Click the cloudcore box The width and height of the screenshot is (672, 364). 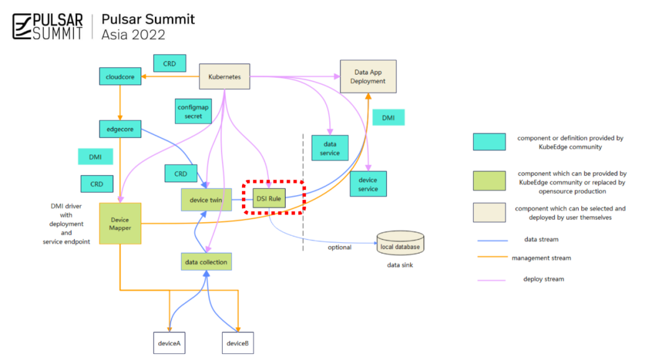click(119, 76)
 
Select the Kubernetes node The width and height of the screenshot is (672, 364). click(224, 76)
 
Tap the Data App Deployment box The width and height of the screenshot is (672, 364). click(368, 76)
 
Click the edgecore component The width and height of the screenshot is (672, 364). click(120, 129)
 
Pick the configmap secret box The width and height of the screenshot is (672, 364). click(193, 112)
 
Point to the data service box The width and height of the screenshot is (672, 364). click(330, 148)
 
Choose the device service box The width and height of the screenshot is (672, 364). click(368, 184)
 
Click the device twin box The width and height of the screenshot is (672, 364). click(205, 199)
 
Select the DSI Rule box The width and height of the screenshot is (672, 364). click(269, 198)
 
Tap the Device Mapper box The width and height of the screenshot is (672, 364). click(119, 223)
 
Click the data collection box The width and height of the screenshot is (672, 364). click(206, 262)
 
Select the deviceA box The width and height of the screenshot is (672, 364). click(170, 343)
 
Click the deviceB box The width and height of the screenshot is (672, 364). click(237, 343)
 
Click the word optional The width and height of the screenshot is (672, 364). click(339, 247)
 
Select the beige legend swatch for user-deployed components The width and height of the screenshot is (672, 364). click(490, 212)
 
